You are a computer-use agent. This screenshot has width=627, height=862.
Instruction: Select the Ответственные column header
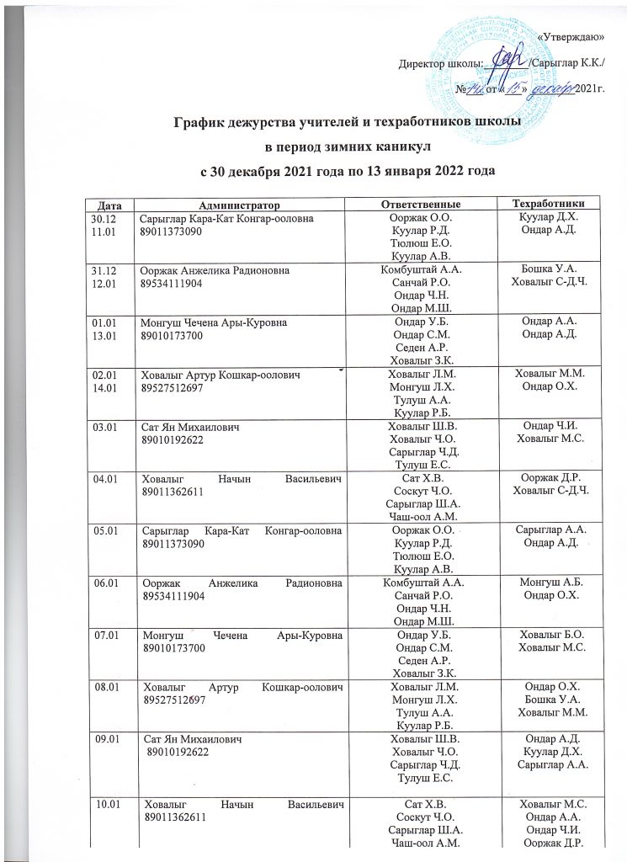(x=420, y=205)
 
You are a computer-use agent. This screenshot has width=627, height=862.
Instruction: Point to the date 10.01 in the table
(x=106, y=806)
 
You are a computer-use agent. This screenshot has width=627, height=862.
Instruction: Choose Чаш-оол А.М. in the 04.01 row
(x=420, y=514)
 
